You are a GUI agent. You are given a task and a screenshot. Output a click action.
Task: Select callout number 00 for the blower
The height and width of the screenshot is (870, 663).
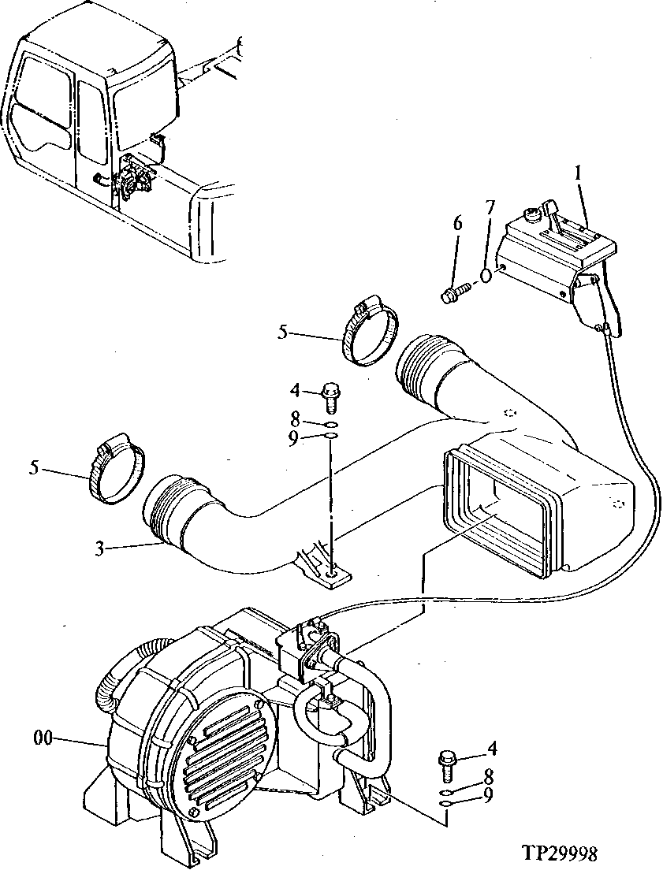pyautogui.click(x=43, y=738)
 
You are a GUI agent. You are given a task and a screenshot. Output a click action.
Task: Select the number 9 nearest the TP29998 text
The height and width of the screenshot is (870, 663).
pyautogui.click(x=489, y=797)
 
